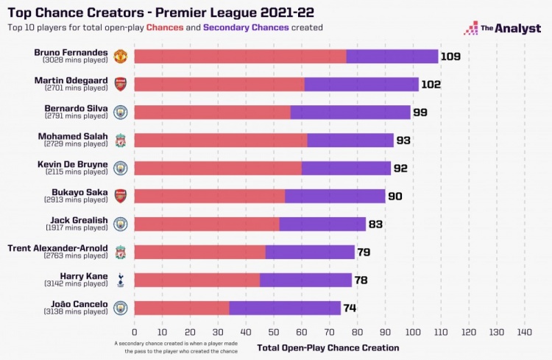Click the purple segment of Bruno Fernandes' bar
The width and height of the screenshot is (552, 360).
click(392, 57)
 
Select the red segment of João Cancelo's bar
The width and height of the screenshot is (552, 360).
click(182, 308)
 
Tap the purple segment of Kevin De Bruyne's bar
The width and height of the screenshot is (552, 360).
click(346, 168)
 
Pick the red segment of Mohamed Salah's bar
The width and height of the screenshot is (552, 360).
click(221, 140)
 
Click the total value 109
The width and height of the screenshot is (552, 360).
click(450, 57)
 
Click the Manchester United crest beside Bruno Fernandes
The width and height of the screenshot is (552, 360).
click(121, 57)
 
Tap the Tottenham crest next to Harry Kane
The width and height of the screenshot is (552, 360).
click(121, 280)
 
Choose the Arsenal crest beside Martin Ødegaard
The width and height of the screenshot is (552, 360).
click(121, 84)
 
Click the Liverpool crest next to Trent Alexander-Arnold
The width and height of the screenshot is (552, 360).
click(121, 252)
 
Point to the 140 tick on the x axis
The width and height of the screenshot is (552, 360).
click(524, 332)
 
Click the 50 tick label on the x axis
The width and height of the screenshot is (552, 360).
click(274, 332)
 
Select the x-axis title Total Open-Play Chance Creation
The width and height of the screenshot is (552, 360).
click(328, 347)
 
